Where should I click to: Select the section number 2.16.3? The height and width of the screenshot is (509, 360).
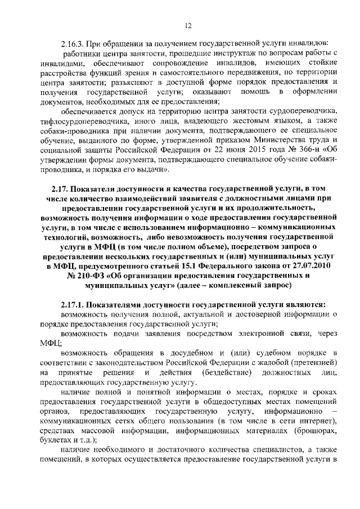coord(73,43)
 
